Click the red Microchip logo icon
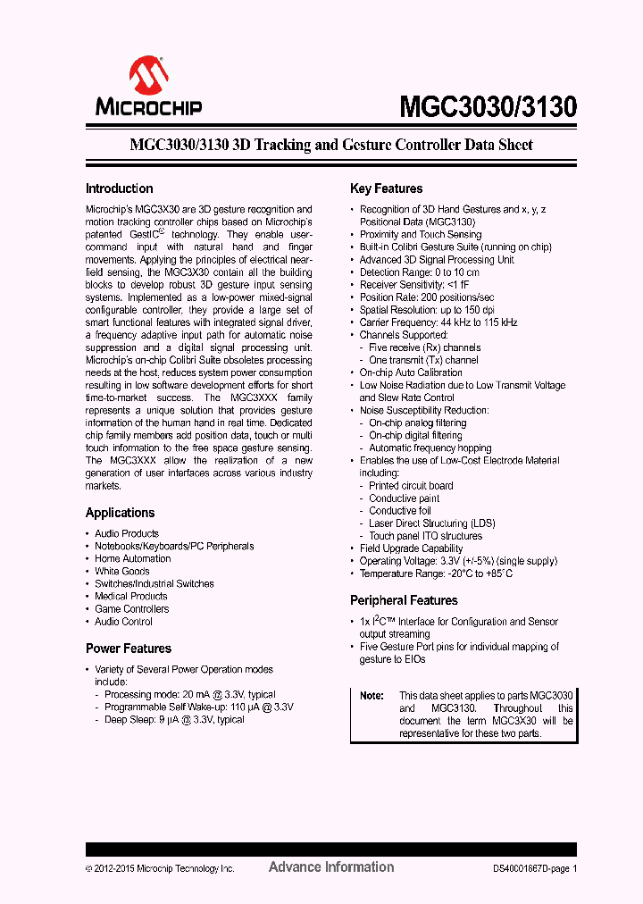(148, 76)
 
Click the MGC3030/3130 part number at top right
(488, 107)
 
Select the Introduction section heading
(119, 188)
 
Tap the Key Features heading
(386, 188)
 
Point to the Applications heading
(120, 513)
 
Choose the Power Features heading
(128, 649)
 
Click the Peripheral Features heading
(404, 600)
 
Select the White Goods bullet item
(122, 571)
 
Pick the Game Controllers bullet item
(131, 608)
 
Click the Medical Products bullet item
(131, 596)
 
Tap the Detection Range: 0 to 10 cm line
(419, 272)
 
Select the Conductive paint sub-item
(405, 498)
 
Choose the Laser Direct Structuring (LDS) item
(431, 523)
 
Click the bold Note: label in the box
(372, 695)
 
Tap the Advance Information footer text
(330, 866)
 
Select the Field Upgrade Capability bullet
(411, 548)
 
